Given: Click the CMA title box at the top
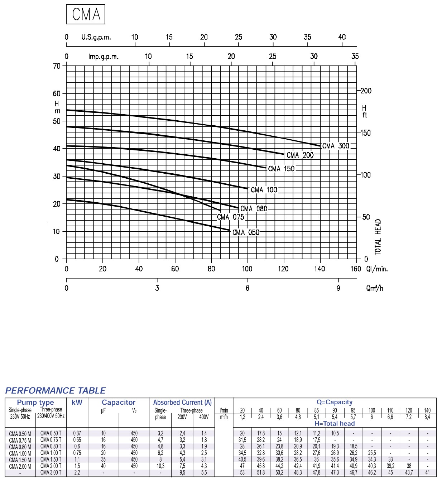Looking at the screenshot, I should click(86, 14).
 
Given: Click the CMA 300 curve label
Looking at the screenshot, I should click(335, 146).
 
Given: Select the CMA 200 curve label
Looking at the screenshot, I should click(300, 155).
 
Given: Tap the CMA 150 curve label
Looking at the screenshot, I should click(281, 169).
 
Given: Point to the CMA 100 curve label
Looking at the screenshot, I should click(264, 190).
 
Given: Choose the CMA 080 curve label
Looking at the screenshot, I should click(254, 208).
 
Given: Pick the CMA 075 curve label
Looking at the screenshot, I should click(230, 217).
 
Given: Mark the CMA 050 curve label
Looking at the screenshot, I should click(246, 232).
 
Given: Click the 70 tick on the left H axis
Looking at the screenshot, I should click(57, 66).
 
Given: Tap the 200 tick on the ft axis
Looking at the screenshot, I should click(366, 91).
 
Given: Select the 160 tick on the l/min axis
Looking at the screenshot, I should click(355, 269).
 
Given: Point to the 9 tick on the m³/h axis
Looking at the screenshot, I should click(338, 288).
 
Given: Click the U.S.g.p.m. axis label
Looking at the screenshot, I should click(96, 37).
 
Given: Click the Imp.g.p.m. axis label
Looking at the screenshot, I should click(103, 57).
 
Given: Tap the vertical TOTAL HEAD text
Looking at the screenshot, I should click(378, 237).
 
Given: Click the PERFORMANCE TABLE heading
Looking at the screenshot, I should click(56, 390).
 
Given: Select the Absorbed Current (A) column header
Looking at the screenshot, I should click(182, 403).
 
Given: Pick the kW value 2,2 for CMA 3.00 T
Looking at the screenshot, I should click(77, 472).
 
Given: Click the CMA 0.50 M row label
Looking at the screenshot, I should click(20, 434).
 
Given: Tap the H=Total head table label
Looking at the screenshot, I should click(335, 423).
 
